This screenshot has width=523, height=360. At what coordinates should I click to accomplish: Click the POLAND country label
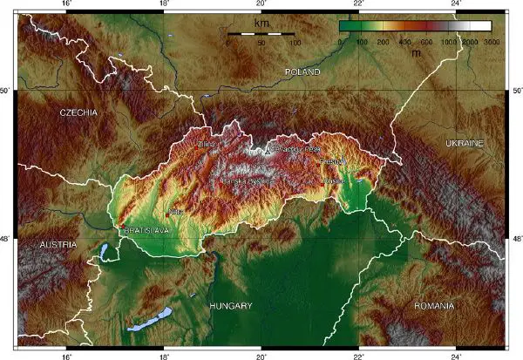point(303,71)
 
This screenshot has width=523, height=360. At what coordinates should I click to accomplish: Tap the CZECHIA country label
point(78,113)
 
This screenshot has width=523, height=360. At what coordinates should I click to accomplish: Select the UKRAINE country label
point(464,142)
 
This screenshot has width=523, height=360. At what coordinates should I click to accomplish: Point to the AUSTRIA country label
point(58,245)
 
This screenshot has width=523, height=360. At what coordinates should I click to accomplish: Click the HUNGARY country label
point(231,306)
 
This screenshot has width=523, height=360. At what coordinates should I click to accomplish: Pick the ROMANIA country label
point(434,306)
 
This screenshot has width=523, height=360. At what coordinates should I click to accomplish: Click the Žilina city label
point(207,145)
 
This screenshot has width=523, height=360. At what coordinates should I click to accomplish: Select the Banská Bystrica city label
point(248,181)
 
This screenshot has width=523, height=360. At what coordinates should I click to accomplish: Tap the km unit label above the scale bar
point(261,24)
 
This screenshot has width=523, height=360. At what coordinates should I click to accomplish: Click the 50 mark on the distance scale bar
point(261,42)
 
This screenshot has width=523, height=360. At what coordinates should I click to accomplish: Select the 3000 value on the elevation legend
point(492,42)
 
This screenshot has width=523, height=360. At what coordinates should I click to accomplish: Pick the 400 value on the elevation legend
point(404,42)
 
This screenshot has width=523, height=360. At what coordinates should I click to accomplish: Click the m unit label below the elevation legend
point(416,52)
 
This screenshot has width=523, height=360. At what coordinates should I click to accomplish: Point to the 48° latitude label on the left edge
point(7,238)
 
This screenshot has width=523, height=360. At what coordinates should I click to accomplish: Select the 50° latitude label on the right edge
point(516,91)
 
